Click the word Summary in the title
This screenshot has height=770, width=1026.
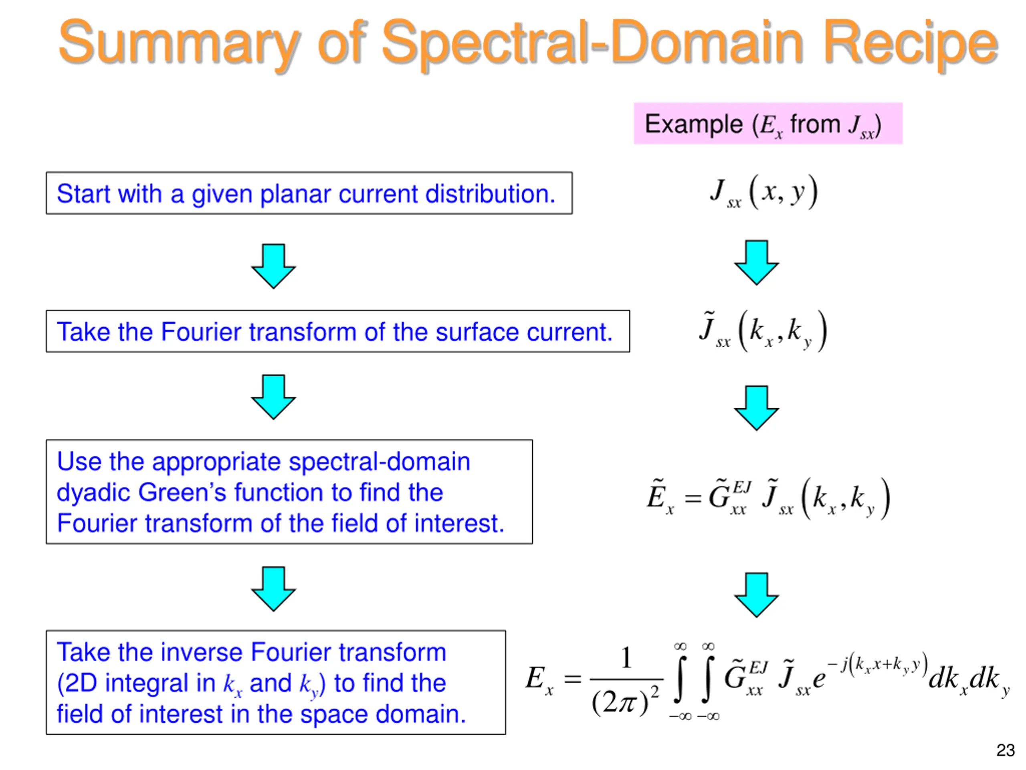[x=179, y=44]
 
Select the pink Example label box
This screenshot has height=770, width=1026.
[x=767, y=124]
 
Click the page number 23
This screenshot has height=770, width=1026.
[x=1005, y=750]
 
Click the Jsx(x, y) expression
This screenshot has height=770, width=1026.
[x=763, y=192]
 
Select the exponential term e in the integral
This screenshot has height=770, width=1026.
[x=819, y=679]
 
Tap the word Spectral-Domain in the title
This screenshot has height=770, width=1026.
[x=592, y=44]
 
